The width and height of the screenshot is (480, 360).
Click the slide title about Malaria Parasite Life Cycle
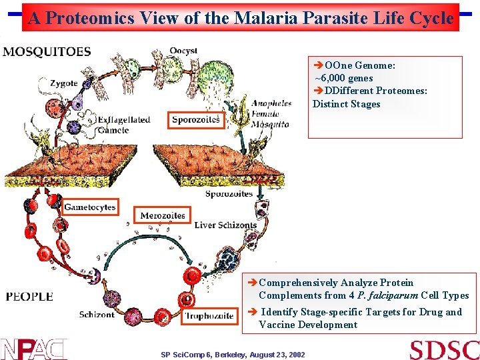241,19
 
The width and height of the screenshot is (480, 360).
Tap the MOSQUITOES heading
47,53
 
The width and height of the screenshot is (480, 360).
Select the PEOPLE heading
29,296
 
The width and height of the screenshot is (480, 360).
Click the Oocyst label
183,51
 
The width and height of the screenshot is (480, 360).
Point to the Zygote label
63,83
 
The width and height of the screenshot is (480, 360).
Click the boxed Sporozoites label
196,119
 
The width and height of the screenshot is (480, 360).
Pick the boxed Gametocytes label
90,207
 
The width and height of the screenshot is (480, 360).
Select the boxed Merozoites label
163,215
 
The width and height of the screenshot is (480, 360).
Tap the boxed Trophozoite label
209,315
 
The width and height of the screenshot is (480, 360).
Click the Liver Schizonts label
225,225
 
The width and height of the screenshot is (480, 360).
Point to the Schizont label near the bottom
97,314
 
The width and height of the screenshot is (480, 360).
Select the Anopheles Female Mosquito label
270,113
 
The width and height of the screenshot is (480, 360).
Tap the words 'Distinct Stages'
346,104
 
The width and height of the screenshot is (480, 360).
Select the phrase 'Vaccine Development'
308,325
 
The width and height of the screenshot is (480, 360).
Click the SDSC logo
443,349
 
